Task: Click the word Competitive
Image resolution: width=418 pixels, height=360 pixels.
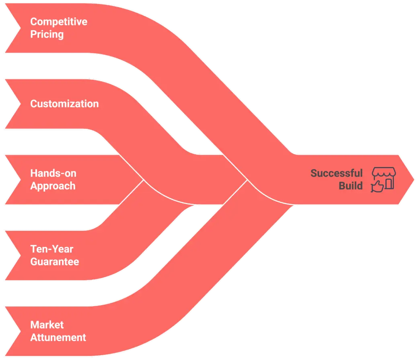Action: [59, 21]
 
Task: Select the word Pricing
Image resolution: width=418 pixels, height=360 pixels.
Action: [47, 34]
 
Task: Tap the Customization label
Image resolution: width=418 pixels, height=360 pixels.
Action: [64, 104]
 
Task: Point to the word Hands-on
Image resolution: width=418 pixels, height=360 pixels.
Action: [53, 174]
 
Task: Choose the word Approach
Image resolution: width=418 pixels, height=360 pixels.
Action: [53, 186]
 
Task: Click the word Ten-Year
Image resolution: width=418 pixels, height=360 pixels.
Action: [52, 249]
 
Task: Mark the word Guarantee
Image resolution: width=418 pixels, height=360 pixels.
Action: [55, 261]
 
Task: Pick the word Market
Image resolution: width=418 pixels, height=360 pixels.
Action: [47, 325]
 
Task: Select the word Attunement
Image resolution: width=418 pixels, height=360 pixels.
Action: [58, 337]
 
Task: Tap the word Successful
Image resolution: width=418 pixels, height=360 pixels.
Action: [336, 174]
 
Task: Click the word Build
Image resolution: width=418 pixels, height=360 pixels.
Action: [350, 186]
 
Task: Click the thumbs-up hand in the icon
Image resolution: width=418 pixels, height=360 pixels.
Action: [377, 186]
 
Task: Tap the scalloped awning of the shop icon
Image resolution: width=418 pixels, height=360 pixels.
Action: [384, 173]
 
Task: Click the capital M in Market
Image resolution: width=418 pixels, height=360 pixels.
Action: [34, 325]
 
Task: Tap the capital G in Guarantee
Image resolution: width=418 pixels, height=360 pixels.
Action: [34, 261]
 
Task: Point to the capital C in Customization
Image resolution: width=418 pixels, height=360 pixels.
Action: [34, 104]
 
